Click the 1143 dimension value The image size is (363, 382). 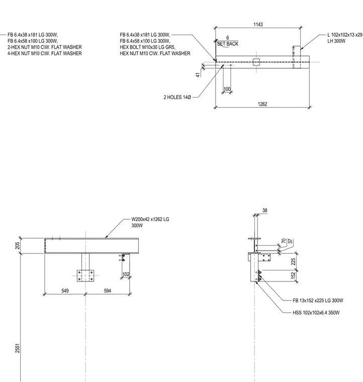258,24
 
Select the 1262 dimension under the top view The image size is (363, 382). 262,104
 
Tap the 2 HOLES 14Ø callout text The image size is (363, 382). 177,97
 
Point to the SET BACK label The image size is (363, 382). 228,44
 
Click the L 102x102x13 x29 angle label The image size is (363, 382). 345,35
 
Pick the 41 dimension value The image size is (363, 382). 199,75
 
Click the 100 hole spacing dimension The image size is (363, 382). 227,89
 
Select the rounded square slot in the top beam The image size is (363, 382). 256,62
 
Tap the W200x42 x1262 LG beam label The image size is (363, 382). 150,219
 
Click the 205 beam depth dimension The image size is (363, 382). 17,246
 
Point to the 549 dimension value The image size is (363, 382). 65,291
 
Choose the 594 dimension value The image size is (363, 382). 108,291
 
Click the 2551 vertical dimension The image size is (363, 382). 17,348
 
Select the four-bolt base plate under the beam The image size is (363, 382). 85,276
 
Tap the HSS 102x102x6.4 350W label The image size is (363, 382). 316,313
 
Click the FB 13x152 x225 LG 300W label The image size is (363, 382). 318,301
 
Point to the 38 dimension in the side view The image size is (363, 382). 265,211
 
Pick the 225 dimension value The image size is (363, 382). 293,261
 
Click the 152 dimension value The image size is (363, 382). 293,275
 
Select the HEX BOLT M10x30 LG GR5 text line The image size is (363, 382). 147,47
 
